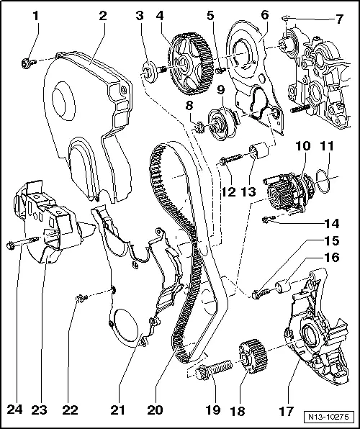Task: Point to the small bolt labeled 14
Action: [269, 218]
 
